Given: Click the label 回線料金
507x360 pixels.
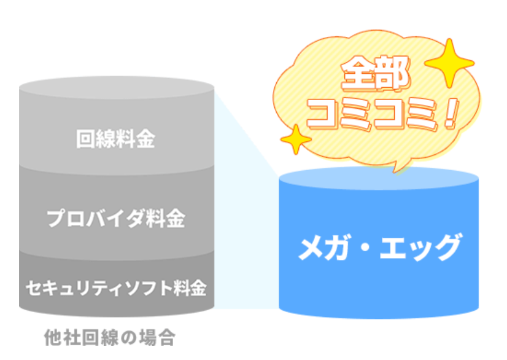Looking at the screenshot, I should click(115, 139).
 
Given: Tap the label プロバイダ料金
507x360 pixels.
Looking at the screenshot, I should click(116, 218).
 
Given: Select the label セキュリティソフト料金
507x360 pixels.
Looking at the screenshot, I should click(115, 286).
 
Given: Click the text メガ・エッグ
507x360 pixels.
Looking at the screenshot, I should click(379, 248).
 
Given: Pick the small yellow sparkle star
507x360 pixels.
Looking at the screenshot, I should click(295, 141).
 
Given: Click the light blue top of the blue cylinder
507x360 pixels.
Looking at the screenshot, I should click(379, 182).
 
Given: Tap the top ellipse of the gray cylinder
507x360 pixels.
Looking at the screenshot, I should click(117, 88).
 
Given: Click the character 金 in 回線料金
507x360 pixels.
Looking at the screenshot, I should click(145, 139).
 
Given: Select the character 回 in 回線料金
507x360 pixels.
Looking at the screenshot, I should click(86, 139).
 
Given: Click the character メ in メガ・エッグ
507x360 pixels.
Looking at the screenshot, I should click(311, 248).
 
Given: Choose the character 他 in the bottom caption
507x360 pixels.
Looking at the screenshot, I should click(54, 337).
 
